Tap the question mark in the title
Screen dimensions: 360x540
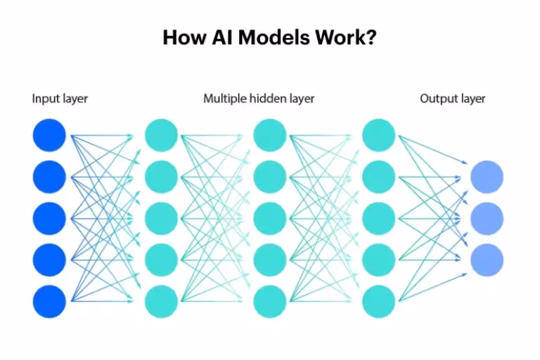371,37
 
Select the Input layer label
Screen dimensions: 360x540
60,98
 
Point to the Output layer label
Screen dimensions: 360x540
452,98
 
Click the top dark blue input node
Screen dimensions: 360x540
49,135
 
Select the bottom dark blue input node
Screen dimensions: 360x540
49,302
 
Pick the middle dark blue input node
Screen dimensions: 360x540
49,218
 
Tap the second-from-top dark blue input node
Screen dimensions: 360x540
49,176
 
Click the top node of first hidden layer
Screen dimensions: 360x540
161,135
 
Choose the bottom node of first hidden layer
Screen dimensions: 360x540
161,302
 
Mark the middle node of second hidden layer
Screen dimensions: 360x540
269,218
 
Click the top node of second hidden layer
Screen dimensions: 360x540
269,135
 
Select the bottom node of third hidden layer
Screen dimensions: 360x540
378,302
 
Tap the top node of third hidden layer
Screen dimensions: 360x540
378,135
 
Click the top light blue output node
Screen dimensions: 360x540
487,176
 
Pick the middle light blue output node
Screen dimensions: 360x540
487,218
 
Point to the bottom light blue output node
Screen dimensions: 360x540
487,259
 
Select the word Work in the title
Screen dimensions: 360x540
338,37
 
